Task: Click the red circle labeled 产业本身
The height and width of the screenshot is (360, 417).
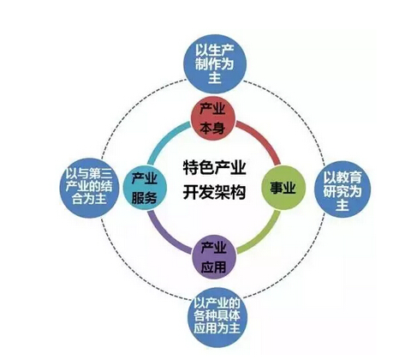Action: pos(213,118)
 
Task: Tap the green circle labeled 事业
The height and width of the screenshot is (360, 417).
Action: pos(283,188)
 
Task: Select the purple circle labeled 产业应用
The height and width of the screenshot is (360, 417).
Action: pos(214,257)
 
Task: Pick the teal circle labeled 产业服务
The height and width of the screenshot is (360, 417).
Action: pos(145,188)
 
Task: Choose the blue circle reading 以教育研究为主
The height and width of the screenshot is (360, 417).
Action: pos(343,189)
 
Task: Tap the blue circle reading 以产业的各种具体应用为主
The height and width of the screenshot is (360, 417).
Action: pos(217,318)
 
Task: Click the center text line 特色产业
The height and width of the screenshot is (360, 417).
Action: pos(214,168)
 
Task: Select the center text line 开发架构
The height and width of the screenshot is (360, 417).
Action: pos(214,192)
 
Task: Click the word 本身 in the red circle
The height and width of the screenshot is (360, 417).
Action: pos(212,128)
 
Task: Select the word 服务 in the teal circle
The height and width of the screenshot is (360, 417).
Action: pos(145,197)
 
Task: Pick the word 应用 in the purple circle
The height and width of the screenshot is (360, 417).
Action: pos(213,267)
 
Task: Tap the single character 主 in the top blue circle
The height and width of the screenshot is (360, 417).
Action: pos(215,77)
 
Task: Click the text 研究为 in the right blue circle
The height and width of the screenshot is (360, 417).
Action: pos(343,191)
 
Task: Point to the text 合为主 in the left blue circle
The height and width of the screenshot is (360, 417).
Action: pos(89,199)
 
